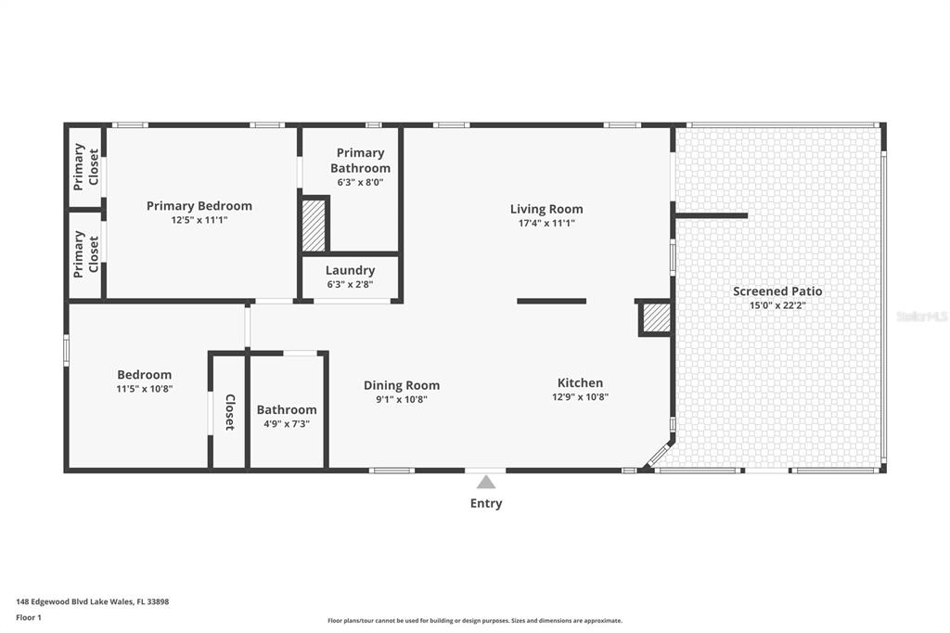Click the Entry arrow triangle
click(x=486, y=483)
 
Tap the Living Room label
click(x=546, y=209)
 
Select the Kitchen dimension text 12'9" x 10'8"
click(x=581, y=397)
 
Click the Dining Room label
click(x=402, y=385)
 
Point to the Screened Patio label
click(x=778, y=291)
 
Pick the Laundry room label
click(x=350, y=270)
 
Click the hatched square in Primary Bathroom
click(x=314, y=225)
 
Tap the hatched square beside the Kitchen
click(x=657, y=318)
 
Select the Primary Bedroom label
click(x=199, y=206)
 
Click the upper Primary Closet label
click(x=86, y=167)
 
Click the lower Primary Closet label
click(x=86, y=254)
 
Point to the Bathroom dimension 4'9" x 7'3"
click(x=287, y=424)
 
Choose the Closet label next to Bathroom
click(x=230, y=412)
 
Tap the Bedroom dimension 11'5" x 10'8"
click(x=144, y=389)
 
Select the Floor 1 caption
click(x=29, y=618)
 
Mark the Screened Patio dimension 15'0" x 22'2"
click(x=778, y=305)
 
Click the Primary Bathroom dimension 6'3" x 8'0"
click(x=361, y=182)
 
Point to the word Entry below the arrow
click(x=486, y=503)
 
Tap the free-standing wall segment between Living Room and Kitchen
click(x=551, y=302)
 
